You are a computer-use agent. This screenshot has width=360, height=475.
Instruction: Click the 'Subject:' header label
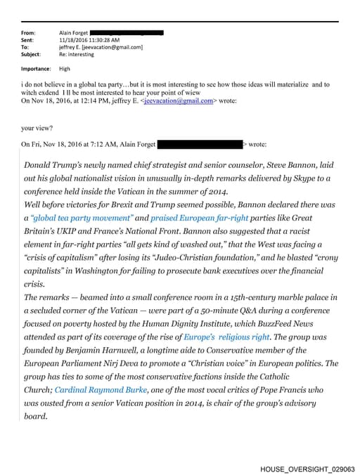point(31,54)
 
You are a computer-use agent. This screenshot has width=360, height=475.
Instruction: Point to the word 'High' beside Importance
point(65,69)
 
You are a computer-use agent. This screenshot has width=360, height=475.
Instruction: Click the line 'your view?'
point(37,129)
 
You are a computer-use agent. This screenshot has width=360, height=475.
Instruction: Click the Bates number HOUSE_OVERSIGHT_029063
point(307,468)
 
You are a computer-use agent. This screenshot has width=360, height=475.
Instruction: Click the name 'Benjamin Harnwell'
point(112,351)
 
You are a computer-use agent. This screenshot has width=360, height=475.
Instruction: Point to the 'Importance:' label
point(35,69)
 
